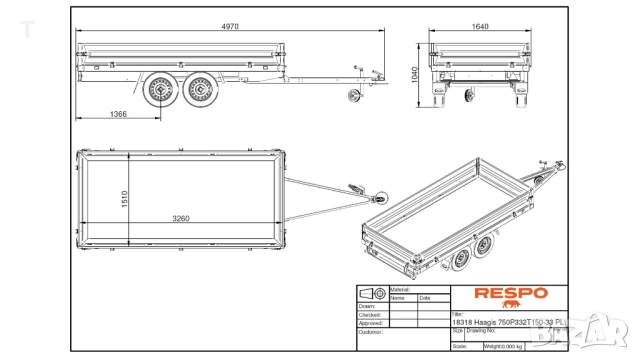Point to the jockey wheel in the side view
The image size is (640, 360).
(x=351, y=94)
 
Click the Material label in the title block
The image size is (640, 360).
(x=401, y=289)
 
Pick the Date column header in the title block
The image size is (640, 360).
(x=425, y=297)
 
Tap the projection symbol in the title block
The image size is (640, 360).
(x=371, y=293)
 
